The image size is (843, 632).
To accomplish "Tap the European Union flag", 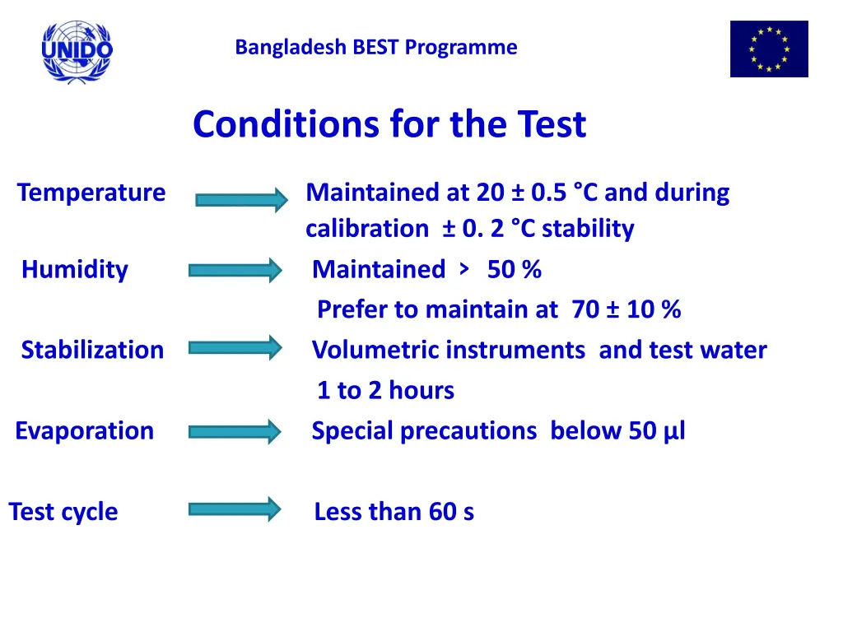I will (769, 49).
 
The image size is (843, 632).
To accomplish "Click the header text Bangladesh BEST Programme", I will (376, 48).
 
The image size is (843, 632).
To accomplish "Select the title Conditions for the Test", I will (389, 125).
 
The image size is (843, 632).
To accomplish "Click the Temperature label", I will (91, 193).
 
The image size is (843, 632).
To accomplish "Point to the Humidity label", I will (75, 270).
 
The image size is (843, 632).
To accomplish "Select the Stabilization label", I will (92, 351).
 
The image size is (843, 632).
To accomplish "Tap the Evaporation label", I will (85, 431).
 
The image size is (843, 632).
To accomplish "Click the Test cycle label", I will (63, 512).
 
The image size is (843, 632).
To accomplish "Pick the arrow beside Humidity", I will (235, 270).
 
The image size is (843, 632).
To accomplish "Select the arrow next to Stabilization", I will (235, 348).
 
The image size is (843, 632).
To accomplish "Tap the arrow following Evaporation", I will (235, 431).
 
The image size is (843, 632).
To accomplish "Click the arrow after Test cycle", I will (235, 509).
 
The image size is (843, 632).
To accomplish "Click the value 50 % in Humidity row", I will (515, 270).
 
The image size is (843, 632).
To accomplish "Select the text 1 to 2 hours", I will (385, 391).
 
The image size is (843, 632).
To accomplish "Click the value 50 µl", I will (657, 431).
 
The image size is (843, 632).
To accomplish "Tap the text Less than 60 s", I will (394, 512).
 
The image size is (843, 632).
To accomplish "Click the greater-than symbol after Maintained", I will (466, 268).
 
